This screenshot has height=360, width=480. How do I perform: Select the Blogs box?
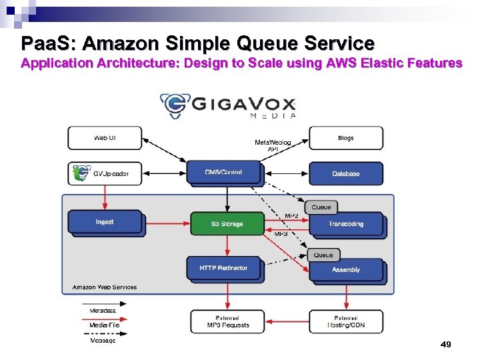click(x=345, y=138)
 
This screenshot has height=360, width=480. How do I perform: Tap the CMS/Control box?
click(x=223, y=172)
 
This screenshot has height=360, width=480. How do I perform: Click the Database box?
click(x=345, y=174)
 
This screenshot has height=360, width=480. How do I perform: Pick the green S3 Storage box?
click(x=227, y=224)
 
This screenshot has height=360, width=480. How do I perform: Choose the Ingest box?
click(x=105, y=222)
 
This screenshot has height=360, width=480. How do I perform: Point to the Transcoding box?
click(x=345, y=224)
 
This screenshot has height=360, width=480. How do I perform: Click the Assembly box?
click(x=345, y=269)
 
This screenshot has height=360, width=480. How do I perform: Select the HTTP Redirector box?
click(x=223, y=268)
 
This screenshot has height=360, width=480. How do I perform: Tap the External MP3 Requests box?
click(x=227, y=321)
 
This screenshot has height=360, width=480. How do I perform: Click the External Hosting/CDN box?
click(x=345, y=321)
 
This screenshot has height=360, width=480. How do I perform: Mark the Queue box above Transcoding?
click(x=321, y=207)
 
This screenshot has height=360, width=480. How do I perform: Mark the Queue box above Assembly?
click(x=323, y=255)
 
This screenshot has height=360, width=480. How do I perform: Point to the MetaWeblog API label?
click(x=272, y=146)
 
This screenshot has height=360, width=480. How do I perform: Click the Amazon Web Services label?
click(x=105, y=287)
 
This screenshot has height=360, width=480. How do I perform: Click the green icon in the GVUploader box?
click(x=81, y=174)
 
